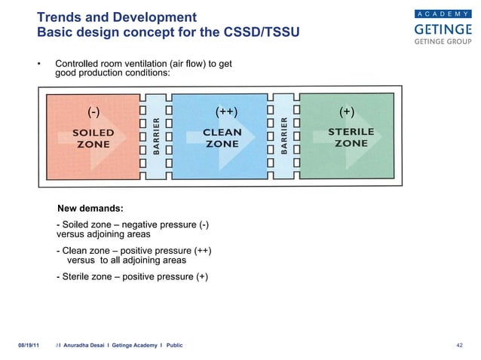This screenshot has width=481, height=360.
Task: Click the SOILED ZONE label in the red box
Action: pos(93,138)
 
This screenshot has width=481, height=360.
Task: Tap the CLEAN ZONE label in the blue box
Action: pos(222,138)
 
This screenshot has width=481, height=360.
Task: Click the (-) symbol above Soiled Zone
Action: pos(93,113)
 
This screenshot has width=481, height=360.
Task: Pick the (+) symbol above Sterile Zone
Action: pos(348,113)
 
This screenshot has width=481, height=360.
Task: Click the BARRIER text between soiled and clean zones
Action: pos(156,137)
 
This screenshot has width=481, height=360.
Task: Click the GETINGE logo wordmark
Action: pos(441,29)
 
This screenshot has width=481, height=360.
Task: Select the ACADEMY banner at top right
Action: pos(441,13)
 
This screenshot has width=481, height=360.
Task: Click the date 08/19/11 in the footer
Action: pos(29,345)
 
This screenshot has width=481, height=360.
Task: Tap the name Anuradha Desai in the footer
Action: pos(89,345)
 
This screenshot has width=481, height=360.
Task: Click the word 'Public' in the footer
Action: pos(171,345)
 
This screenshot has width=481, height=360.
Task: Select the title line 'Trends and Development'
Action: pos(117,17)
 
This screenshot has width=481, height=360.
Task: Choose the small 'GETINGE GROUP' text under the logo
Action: pos(441,42)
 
